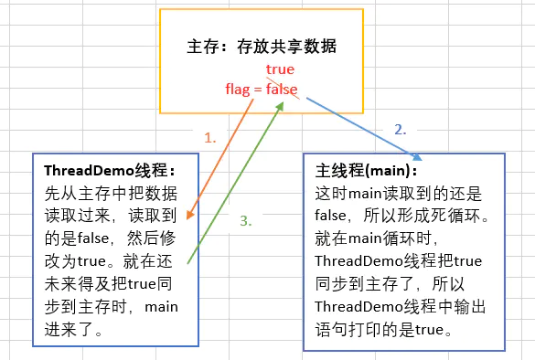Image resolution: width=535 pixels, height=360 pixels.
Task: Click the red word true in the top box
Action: point(280,69)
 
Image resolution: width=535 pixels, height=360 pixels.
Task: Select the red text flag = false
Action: point(262,89)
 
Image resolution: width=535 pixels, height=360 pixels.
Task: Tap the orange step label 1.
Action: point(210,138)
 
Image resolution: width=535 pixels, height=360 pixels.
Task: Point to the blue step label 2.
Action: point(400,130)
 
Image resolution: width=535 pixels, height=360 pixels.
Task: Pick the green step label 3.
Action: point(245,220)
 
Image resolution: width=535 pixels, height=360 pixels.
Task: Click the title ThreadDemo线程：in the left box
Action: point(108,171)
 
